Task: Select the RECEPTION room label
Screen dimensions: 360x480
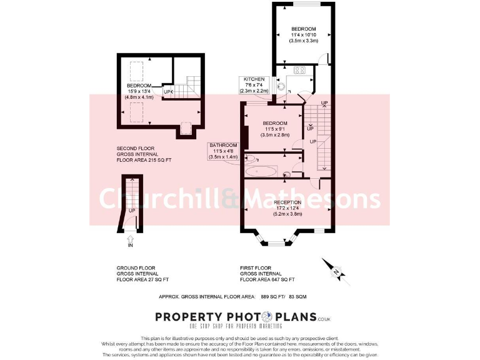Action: pos(287,202)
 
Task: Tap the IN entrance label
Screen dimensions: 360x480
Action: pos(131,246)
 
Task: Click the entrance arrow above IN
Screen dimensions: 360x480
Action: pos(131,237)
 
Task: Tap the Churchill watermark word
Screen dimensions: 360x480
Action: pos(160,198)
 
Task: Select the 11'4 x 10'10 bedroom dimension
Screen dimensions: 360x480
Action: pos(304,35)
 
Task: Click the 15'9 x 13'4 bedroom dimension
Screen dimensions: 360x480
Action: pos(139,91)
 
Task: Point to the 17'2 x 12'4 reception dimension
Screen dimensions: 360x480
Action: pos(287,208)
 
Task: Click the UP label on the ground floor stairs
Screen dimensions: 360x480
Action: pos(132,211)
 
